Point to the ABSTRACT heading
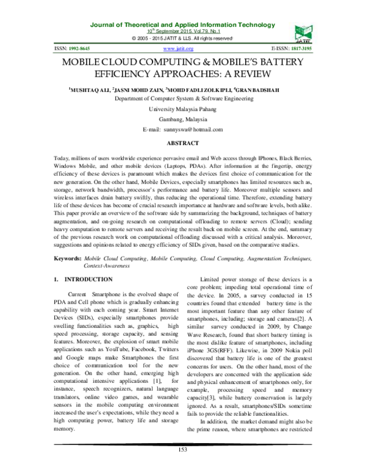click(x=182, y=143)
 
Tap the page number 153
click(x=182, y=466)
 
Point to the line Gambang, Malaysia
click(x=182, y=119)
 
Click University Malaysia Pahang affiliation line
click(x=182, y=108)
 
